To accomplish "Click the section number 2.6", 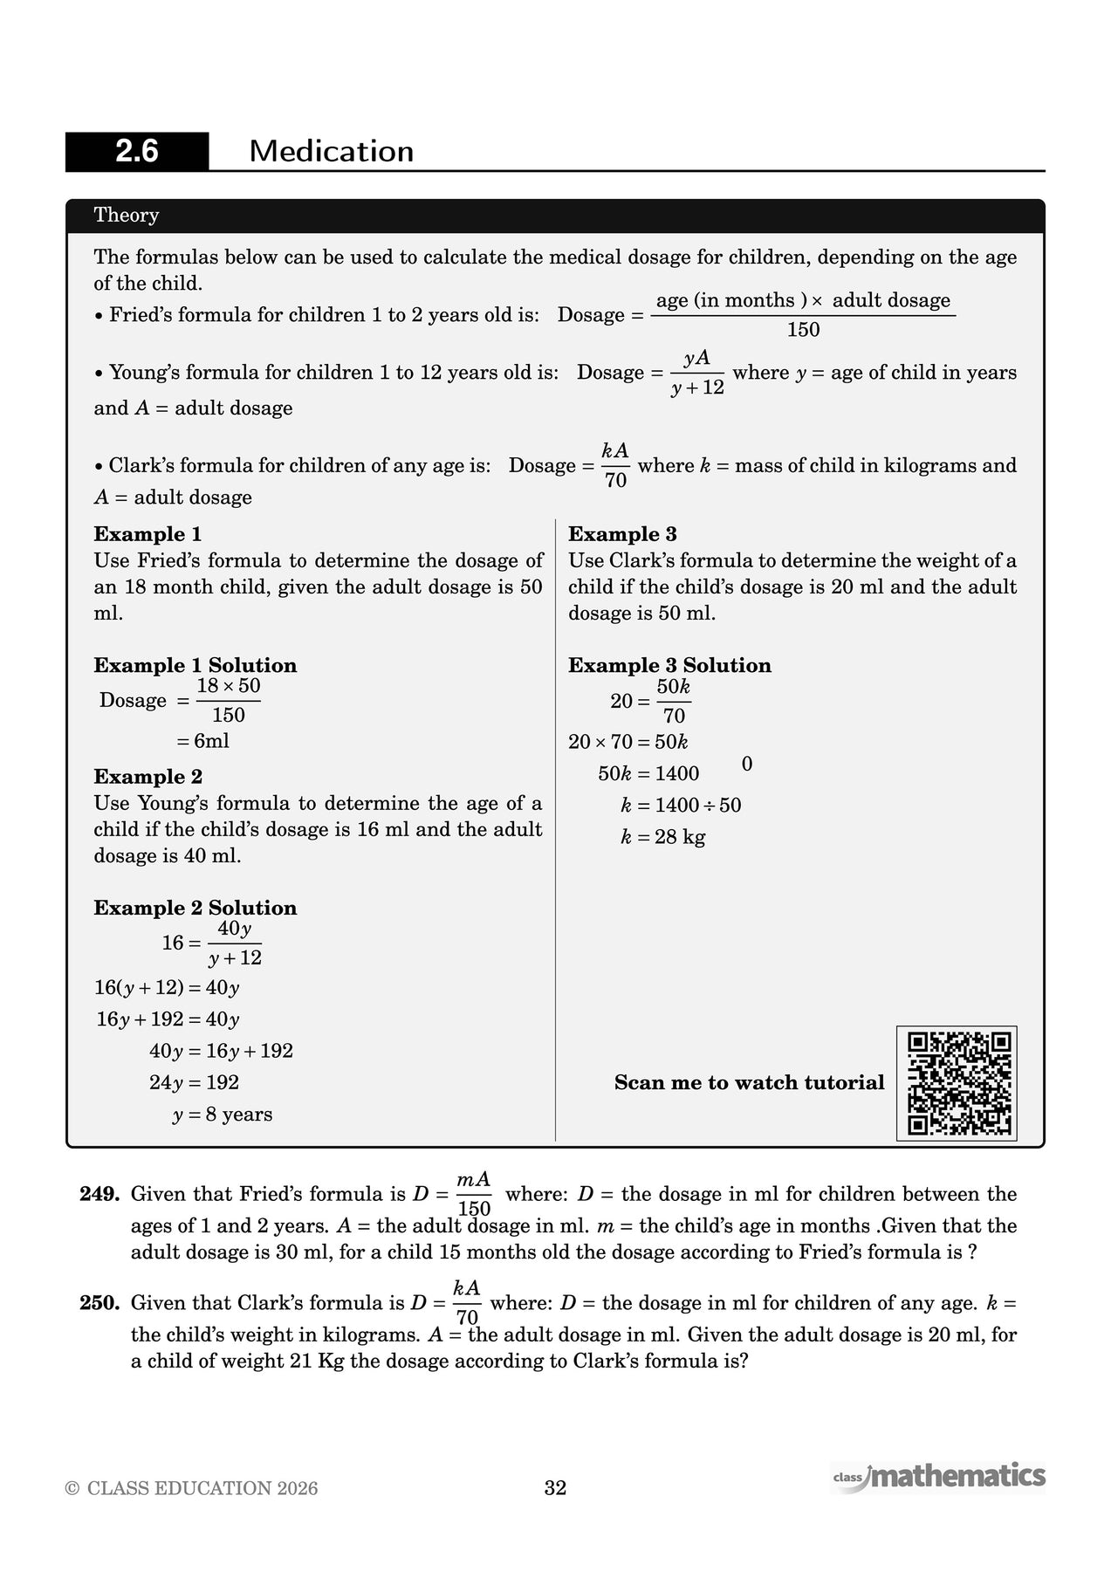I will pyautogui.click(x=137, y=152).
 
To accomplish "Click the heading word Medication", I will pyautogui.click(x=331, y=152).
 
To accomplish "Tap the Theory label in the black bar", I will pyautogui.click(x=127, y=216).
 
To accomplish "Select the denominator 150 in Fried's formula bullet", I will pyautogui.click(x=803, y=330).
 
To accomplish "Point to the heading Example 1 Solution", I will pyautogui.click(x=195, y=665).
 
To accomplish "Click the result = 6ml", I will pyautogui.click(x=203, y=741).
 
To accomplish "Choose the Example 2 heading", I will pyautogui.click(x=147, y=777).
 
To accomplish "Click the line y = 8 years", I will pyautogui.click(x=223, y=1115).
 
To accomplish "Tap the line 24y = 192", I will pyautogui.click(x=194, y=1083).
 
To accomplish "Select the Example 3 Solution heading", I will pyautogui.click(x=669, y=665).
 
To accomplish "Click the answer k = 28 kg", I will pyautogui.click(x=662, y=837).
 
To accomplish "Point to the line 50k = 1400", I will pyautogui.click(x=648, y=773).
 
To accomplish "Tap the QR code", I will pyautogui.click(x=957, y=1083).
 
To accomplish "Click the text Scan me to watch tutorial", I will pyautogui.click(x=749, y=1083).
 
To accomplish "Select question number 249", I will pyautogui.click(x=99, y=1194).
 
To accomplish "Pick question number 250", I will pyautogui.click(x=99, y=1303).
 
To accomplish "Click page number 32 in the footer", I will pyautogui.click(x=555, y=1488).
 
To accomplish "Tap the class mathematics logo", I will pyautogui.click(x=938, y=1477).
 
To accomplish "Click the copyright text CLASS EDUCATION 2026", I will pyautogui.click(x=192, y=1488).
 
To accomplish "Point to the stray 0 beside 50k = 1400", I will pyautogui.click(x=747, y=765).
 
